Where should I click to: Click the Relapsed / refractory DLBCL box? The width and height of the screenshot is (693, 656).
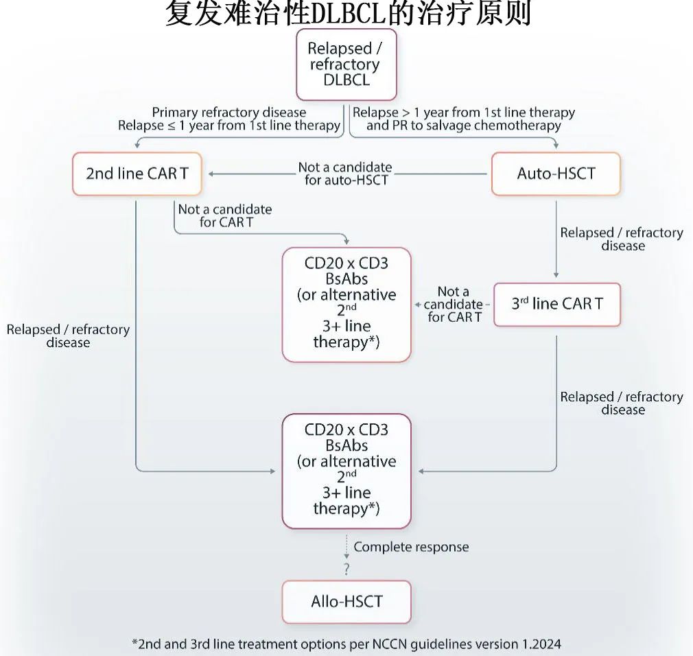click(346, 65)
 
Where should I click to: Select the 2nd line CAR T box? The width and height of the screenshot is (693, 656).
click(137, 174)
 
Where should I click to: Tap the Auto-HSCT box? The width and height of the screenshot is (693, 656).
click(556, 174)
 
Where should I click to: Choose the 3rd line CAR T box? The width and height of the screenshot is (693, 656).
click(557, 304)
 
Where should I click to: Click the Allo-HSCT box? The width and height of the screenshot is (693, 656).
click(346, 602)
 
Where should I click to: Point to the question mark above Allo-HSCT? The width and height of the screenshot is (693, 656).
click(346, 568)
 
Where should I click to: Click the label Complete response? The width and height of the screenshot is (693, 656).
click(411, 547)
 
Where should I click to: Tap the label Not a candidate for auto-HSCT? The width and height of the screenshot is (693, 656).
click(345, 174)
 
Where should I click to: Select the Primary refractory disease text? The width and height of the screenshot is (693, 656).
click(229, 112)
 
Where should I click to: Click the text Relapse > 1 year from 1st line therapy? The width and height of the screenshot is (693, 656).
click(464, 112)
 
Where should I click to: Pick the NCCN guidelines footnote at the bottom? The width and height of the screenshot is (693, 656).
click(346, 644)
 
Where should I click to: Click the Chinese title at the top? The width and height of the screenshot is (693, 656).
click(348, 13)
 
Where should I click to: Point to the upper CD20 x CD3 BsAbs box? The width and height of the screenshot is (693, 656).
click(346, 305)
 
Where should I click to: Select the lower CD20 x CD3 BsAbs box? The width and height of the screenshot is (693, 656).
click(346, 471)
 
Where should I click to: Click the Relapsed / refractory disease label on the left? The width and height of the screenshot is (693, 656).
click(68, 336)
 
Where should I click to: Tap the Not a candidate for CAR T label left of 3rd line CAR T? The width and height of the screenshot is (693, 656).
click(454, 304)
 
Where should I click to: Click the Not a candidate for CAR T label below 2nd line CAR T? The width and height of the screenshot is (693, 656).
click(225, 215)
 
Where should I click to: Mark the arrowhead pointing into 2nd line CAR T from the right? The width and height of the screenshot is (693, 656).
click(211, 174)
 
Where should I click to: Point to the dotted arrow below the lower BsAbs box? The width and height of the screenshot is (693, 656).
click(346, 547)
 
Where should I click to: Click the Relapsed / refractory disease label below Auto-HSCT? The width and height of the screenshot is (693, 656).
click(622, 239)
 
